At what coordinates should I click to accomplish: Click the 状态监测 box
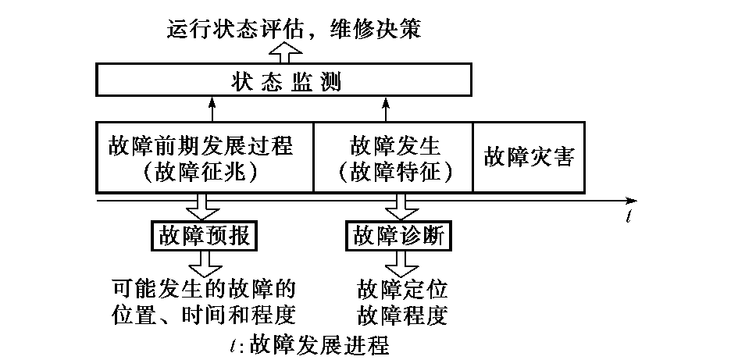click(284, 80)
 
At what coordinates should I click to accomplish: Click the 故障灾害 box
click(529, 157)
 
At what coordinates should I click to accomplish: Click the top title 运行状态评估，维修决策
click(295, 29)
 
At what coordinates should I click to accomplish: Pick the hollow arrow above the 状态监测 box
click(284, 53)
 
